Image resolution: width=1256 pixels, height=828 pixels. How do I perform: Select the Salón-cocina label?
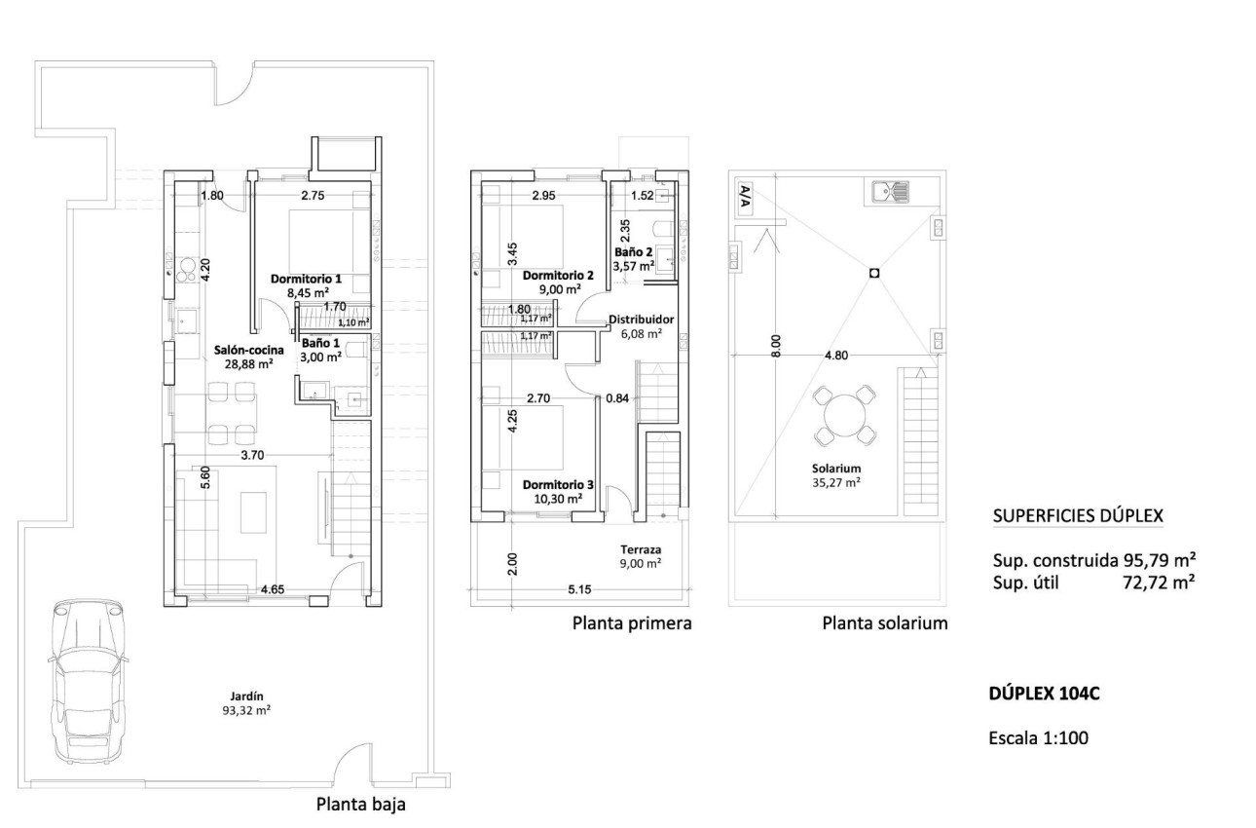pos(249,349)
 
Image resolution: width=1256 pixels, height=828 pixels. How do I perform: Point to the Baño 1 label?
pos(320,344)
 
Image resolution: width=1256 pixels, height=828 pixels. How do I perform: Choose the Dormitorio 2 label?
pos(556,275)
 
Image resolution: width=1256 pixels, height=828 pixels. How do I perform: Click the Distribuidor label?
pos(641,320)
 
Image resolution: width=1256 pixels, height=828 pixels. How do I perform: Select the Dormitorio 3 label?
pos(557,484)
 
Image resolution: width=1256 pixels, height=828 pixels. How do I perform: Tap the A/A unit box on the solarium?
pos(744,197)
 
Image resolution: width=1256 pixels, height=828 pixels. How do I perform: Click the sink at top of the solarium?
pos(886,190)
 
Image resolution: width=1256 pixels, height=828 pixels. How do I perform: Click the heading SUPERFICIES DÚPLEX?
pos(1077,516)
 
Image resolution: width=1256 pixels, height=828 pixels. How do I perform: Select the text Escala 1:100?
pos(1038,738)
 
